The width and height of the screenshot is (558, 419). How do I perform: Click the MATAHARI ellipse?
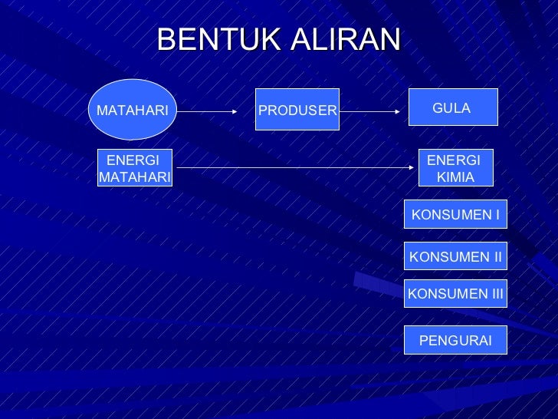(x=133, y=110)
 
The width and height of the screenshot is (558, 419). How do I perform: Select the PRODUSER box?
(x=297, y=111)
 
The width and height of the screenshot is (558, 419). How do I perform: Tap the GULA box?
(x=453, y=107)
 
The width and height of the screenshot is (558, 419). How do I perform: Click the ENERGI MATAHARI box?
(x=135, y=169)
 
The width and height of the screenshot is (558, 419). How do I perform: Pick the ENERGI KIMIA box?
(x=455, y=169)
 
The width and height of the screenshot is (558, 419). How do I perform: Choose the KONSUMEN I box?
(x=455, y=215)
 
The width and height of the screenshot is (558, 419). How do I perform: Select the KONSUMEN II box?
(x=455, y=257)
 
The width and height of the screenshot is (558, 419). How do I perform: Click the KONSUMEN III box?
(x=455, y=293)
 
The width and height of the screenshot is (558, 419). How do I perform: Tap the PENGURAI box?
(x=455, y=341)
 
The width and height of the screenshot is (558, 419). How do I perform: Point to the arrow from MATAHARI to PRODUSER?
(x=207, y=111)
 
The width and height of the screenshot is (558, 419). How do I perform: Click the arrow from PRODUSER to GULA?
(x=369, y=111)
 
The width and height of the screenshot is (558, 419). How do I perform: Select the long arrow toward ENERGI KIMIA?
(x=295, y=167)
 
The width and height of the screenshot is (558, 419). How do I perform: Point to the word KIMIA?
(x=455, y=177)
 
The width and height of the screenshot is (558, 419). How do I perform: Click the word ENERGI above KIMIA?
(x=453, y=160)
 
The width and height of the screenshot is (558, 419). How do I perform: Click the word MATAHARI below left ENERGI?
(x=135, y=177)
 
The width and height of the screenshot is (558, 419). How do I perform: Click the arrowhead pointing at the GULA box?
(x=396, y=111)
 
